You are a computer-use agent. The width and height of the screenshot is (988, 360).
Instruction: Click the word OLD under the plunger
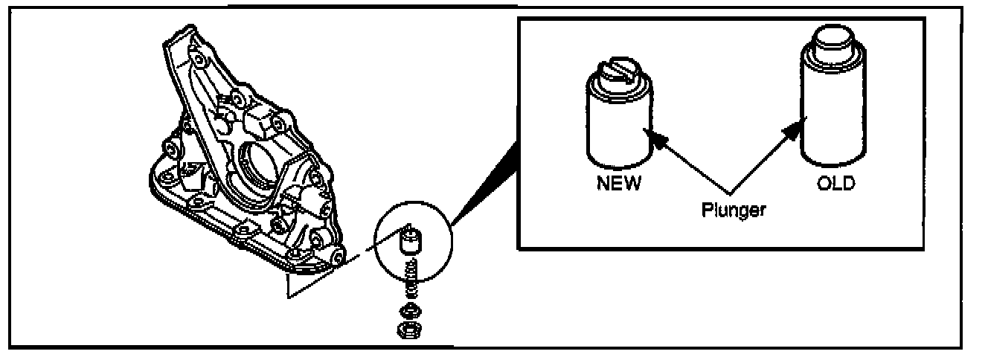[x=835, y=183]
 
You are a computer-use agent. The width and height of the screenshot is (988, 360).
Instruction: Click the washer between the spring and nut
[x=407, y=309]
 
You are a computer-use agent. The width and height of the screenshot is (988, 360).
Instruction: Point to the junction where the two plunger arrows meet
[x=732, y=190]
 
